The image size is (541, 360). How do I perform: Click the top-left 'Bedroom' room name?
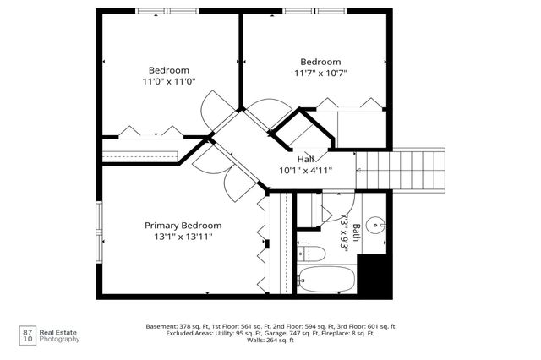click(x=169, y=70)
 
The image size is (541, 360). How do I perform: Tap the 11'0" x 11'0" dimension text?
click(x=169, y=82)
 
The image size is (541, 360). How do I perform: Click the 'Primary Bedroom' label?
click(x=183, y=226)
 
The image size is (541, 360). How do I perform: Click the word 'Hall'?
click(x=305, y=159)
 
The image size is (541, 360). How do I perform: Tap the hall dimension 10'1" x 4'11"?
click(x=305, y=170)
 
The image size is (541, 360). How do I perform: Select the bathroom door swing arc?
click(x=342, y=202)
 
